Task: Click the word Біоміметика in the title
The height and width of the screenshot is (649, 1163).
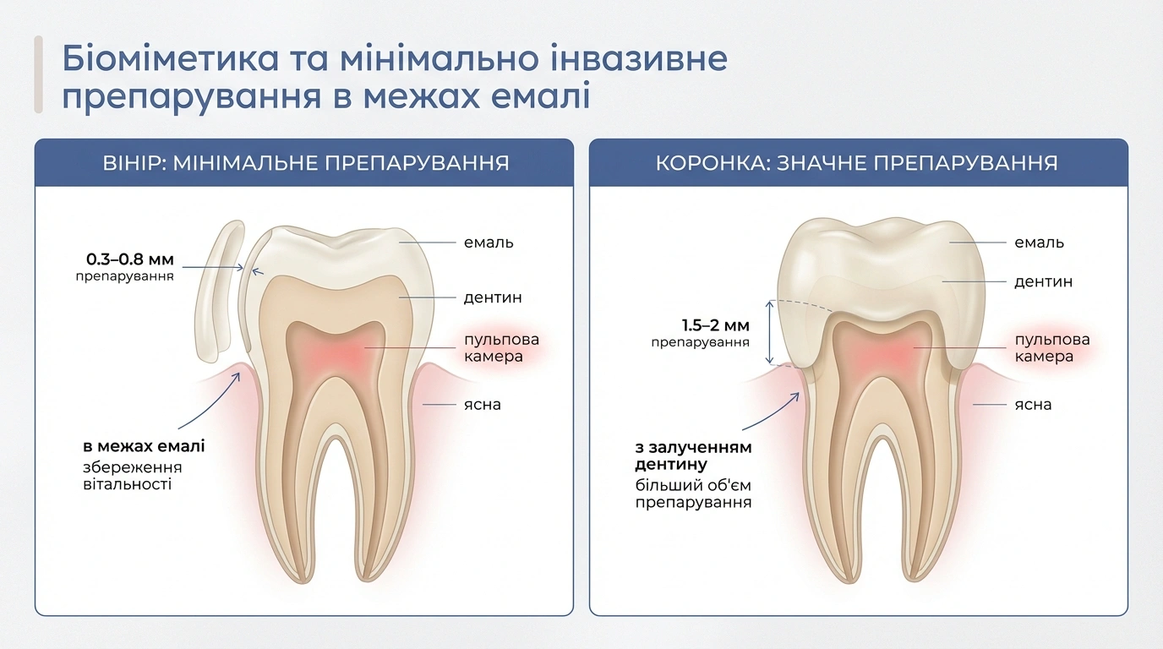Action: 170,57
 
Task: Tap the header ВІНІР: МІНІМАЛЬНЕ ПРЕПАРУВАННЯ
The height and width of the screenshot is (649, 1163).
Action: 306,163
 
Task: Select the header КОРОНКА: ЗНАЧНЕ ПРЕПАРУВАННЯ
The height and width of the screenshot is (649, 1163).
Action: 857,163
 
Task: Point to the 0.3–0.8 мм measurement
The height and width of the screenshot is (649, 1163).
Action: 130,259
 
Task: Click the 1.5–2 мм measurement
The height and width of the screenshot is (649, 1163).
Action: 715,325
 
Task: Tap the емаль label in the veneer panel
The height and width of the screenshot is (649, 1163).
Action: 489,243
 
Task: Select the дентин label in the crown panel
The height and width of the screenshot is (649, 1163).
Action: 1044,282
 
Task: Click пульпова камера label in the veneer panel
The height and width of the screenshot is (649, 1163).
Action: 501,348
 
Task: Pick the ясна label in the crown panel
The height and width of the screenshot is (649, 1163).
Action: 1033,405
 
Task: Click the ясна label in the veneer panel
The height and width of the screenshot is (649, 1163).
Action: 483,405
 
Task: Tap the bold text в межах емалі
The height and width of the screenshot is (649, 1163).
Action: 144,446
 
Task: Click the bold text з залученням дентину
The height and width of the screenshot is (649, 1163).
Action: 694,455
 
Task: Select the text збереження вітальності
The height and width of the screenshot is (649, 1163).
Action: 133,476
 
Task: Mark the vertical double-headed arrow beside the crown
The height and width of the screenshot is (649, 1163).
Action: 770,332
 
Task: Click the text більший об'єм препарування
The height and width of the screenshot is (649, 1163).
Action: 694,494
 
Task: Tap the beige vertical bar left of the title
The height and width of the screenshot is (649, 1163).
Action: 38,74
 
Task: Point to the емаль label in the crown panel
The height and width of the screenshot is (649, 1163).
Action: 1040,243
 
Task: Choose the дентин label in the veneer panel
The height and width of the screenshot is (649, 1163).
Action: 493,297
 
